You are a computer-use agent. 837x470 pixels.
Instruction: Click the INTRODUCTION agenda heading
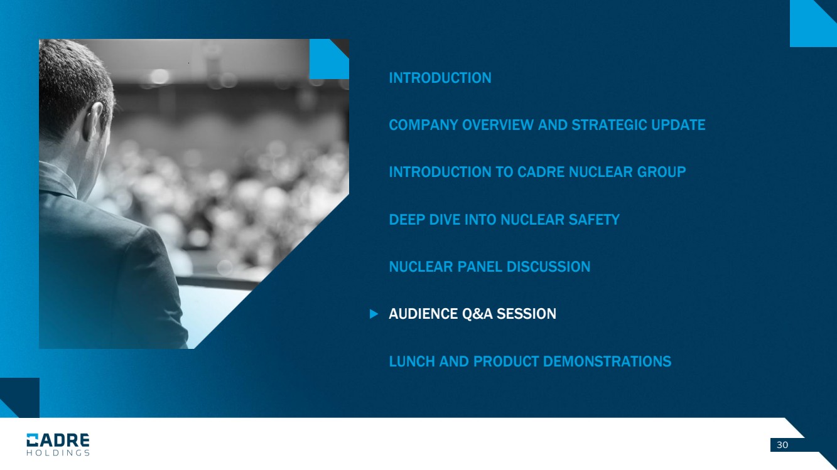pyautogui.click(x=440, y=78)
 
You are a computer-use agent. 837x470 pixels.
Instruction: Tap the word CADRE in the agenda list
pyautogui.click(x=541, y=172)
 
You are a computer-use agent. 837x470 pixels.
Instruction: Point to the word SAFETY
pyautogui.click(x=594, y=220)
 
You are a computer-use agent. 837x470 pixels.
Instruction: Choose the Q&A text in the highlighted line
pyautogui.click(x=478, y=314)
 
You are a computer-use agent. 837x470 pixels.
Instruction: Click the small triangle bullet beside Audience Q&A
pyautogui.click(x=374, y=314)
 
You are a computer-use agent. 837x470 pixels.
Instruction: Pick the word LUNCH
pyautogui.click(x=412, y=361)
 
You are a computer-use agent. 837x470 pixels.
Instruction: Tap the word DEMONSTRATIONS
pyautogui.click(x=607, y=361)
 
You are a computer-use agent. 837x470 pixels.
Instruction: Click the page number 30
pyautogui.click(x=782, y=445)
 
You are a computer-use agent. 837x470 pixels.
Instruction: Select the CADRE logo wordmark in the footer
pyautogui.click(x=58, y=440)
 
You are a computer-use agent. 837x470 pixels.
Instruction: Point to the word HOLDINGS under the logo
pyautogui.click(x=58, y=453)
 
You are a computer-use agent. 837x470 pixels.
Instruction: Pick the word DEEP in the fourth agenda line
pyautogui.click(x=407, y=220)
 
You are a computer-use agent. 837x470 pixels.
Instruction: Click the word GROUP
pyautogui.click(x=661, y=172)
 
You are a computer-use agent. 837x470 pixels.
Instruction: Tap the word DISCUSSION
pyautogui.click(x=548, y=267)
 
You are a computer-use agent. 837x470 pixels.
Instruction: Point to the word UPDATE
pyautogui.click(x=678, y=125)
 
